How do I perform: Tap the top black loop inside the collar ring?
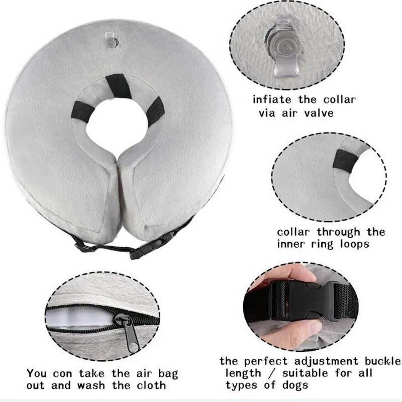(x=119, y=85)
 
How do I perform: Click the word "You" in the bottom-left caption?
(x=37, y=373)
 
